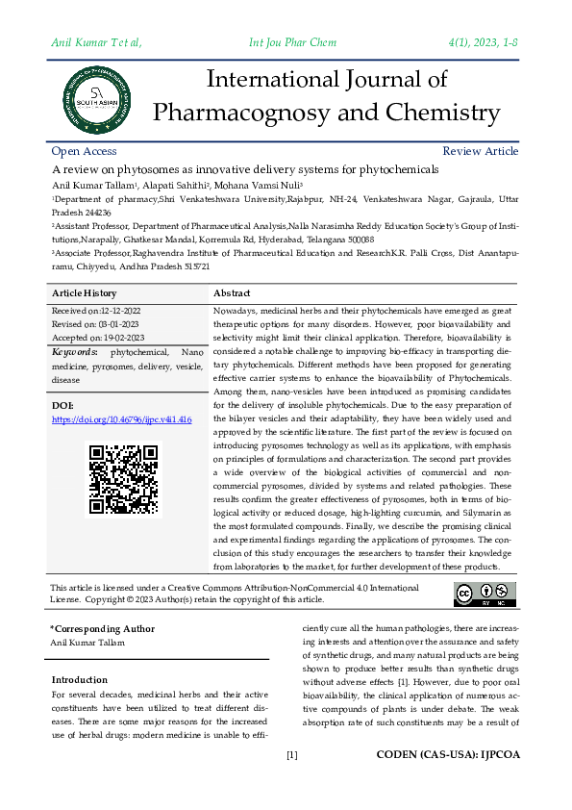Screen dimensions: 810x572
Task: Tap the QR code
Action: tap(123, 478)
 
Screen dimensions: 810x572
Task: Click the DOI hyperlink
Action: tap(121, 420)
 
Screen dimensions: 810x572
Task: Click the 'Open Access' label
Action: tap(84, 151)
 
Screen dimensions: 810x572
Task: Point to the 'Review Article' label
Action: tap(480, 151)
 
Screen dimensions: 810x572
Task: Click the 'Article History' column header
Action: tap(85, 293)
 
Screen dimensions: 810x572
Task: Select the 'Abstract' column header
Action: tap(232, 293)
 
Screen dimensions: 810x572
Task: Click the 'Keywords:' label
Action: tap(74, 353)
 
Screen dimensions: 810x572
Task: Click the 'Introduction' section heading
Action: tap(80, 680)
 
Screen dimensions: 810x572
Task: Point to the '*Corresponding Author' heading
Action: tap(102, 628)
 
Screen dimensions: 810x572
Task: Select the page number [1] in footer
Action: tap(292, 755)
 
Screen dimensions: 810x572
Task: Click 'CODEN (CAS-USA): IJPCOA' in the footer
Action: tap(447, 755)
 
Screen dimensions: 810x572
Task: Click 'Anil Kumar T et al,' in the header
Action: tap(96, 41)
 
